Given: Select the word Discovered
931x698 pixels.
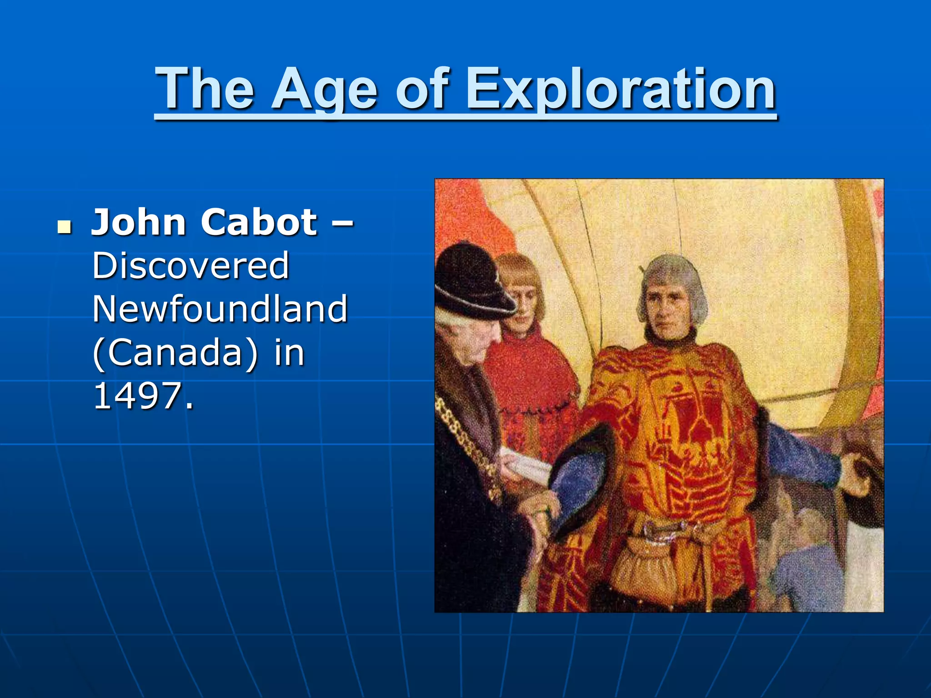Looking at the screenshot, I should [190, 265].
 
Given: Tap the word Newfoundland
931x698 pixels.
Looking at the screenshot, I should [220, 309].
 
